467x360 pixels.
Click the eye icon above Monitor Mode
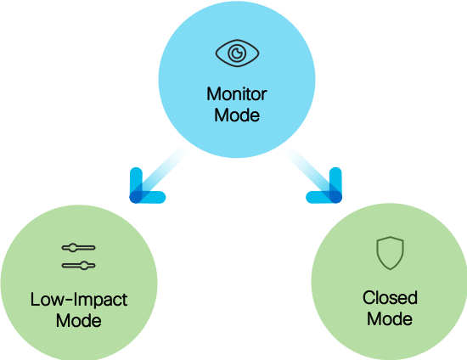coord(233,53)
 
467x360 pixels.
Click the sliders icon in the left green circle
coord(79,256)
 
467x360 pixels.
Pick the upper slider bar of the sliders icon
coord(79,248)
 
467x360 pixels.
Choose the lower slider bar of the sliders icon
coord(79,265)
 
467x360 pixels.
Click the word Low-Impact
coord(78,300)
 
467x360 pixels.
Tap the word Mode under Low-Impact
coord(78,320)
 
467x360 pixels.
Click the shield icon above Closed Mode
coord(390,254)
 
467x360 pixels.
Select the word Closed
coord(390,298)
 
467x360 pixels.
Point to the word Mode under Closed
coord(390,318)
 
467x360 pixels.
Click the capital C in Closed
coord(369,298)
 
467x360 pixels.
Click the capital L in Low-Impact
coord(34,300)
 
